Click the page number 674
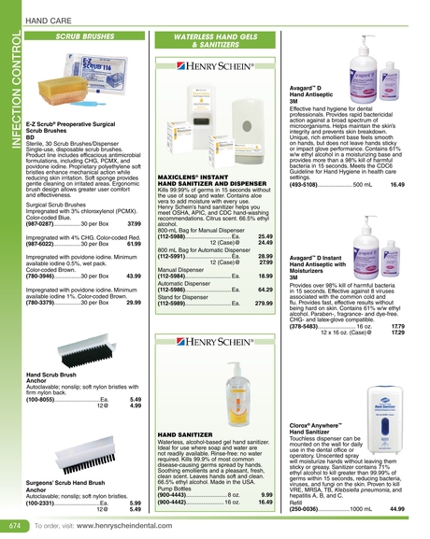[13, 526]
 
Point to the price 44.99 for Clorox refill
[396, 508]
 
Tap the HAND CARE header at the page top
[49, 19]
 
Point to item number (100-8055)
[43, 399]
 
